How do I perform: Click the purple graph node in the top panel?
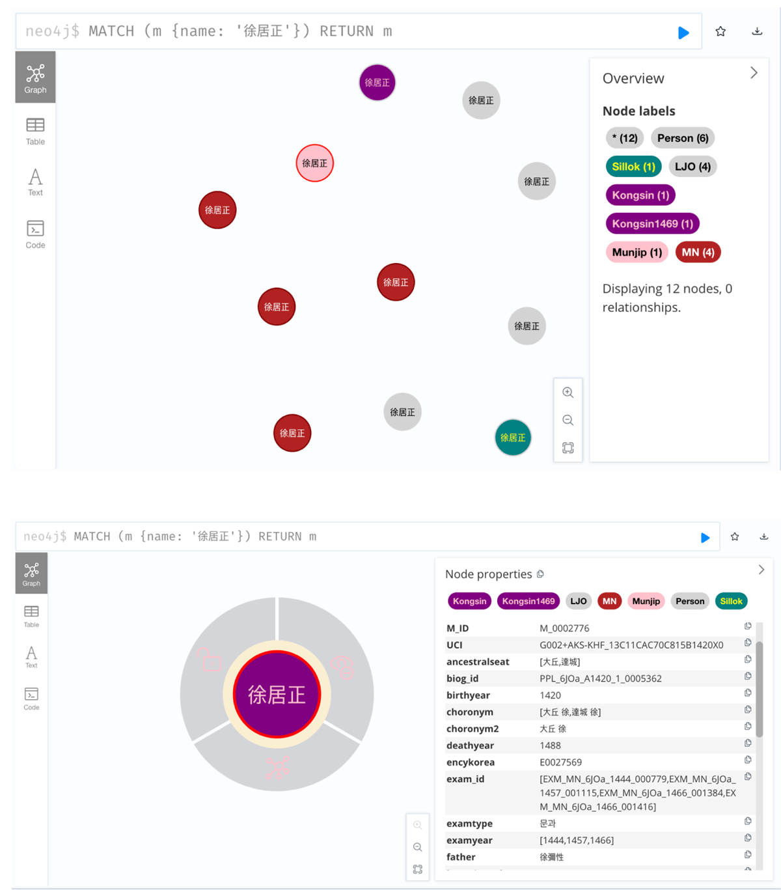coord(377,83)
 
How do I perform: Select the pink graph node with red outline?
coord(315,163)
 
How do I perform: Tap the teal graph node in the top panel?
coord(513,438)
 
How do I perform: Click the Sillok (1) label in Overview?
coord(633,167)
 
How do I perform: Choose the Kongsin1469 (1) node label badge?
coord(652,224)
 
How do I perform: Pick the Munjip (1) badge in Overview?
coord(637,253)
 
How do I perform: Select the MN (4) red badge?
coord(698,253)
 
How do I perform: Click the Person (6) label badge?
coord(682,138)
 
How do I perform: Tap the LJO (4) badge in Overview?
coord(692,167)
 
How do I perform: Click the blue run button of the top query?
coord(683,33)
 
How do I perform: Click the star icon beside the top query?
coord(720,31)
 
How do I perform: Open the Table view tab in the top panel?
coord(35,131)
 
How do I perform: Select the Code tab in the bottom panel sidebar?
coord(31,698)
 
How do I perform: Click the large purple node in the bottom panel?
coord(277,695)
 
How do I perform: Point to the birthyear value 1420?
coord(550,695)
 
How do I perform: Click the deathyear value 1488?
coord(550,745)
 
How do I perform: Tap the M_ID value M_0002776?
coord(564,628)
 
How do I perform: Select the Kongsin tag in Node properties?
coord(469,601)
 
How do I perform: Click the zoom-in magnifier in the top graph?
coord(568,393)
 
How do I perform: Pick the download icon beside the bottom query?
coord(764,536)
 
